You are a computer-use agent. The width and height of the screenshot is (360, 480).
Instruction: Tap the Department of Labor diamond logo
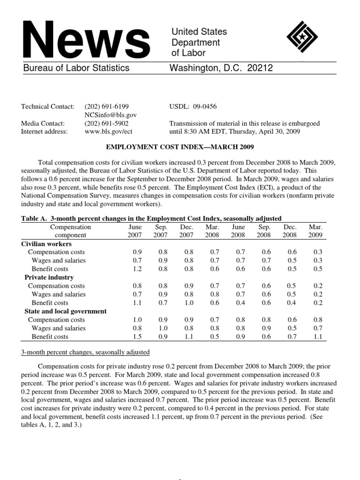[302, 39]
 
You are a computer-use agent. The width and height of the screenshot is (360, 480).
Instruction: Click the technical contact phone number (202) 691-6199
[106, 106]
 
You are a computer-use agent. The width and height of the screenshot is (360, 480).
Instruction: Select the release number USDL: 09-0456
[193, 106]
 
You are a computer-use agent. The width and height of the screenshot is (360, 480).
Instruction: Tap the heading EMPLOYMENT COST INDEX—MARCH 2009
[180, 147]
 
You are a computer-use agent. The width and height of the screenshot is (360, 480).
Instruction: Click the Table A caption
[151, 218]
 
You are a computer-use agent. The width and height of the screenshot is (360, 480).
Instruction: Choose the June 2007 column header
[135, 231]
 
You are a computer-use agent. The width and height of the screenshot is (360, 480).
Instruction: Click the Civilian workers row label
[46, 244]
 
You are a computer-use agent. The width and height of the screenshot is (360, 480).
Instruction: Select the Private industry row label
[49, 277]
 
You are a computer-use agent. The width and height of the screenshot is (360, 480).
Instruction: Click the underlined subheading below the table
[86, 352]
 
